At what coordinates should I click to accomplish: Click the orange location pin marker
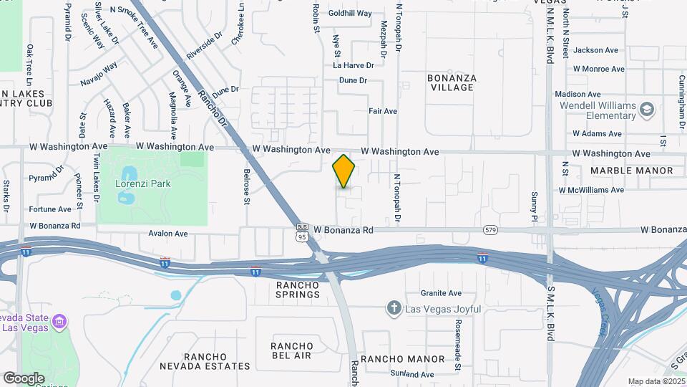point(344,171)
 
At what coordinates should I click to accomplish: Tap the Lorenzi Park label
point(143,183)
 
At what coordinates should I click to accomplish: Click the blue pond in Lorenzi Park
point(129,174)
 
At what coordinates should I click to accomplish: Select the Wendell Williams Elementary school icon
point(647,110)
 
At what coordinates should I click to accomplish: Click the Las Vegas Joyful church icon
point(393,309)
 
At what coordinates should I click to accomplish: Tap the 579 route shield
point(490,230)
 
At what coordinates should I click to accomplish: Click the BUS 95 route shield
point(303,232)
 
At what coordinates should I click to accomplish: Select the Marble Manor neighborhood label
point(632,171)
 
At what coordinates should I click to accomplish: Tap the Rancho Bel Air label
point(292,351)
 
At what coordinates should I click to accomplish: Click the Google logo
point(24,378)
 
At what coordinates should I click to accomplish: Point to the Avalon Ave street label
point(167,234)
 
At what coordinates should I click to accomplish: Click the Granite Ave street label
point(441,293)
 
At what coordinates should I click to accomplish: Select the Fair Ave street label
point(382,111)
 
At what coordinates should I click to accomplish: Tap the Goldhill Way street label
point(350,14)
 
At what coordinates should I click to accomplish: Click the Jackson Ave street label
point(595,50)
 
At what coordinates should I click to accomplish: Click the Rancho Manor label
point(402,358)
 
